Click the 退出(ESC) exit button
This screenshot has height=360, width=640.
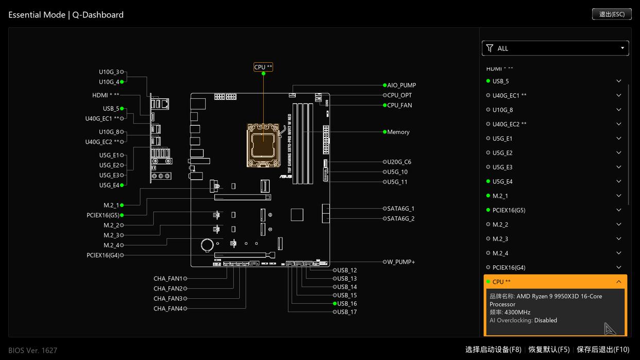(612, 14)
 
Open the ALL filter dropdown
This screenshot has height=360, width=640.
(555, 48)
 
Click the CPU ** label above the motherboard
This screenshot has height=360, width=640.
(263, 67)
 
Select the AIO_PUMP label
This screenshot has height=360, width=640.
(401, 85)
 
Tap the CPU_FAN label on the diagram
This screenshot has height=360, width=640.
(399, 105)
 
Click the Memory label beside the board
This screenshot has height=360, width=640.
(398, 132)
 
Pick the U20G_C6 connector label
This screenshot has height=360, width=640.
(399, 162)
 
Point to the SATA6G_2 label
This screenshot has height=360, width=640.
(401, 218)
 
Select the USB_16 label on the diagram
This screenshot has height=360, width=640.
(347, 303)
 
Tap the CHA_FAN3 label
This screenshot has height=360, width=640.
(168, 298)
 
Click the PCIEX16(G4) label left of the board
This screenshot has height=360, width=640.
(103, 255)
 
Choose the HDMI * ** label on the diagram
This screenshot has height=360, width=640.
(106, 95)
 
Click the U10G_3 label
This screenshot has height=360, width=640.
(109, 72)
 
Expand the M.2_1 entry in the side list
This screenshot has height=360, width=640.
(618, 196)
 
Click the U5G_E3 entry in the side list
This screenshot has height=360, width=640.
(502, 167)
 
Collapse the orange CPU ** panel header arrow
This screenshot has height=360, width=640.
(618, 282)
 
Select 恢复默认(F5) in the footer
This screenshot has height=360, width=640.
(549, 350)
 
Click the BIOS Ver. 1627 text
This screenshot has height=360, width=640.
(33, 350)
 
